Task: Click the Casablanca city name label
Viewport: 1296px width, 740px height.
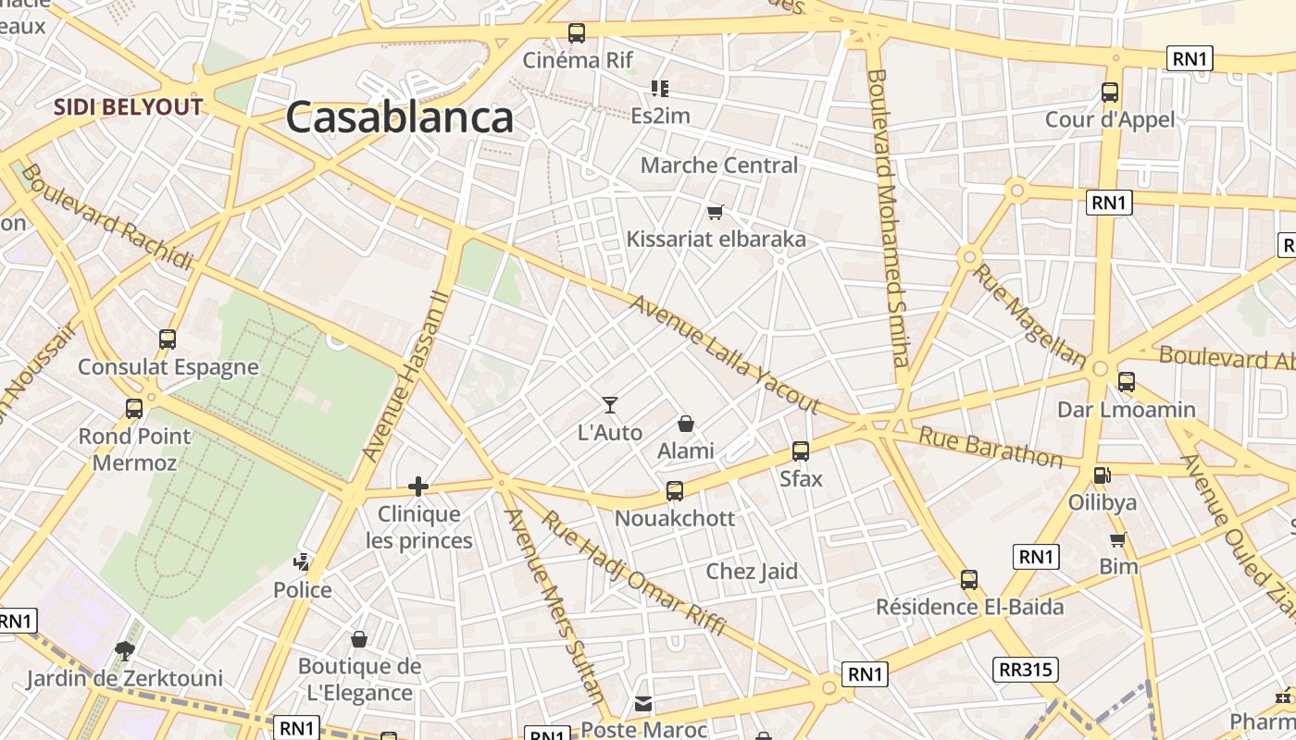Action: click(399, 118)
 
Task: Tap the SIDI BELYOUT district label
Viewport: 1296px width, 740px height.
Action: click(128, 106)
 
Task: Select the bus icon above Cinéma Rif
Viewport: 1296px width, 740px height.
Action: click(577, 33)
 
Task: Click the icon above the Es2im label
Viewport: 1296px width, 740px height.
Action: click(660, 89)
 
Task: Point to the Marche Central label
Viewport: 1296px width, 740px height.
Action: click(719, 166)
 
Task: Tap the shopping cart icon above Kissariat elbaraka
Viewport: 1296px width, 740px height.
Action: click(716, 213)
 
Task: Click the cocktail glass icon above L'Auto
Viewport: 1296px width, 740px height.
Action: click(609, 404)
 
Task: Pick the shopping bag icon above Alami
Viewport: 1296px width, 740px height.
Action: click(686, 424)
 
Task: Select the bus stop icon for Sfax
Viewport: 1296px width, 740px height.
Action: click(801, 451)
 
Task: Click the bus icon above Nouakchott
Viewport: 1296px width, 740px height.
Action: click(675, 491)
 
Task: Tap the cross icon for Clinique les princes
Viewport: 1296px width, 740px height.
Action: click(418, 486)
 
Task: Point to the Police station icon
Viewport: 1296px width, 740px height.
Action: click(302, 561)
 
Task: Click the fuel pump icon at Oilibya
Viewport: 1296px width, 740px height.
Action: click(1102, 475)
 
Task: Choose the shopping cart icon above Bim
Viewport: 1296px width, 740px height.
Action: click(1118, 539)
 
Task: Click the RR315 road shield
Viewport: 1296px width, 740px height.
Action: click(1028, 670)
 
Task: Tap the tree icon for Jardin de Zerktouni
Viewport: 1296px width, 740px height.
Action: click(124, 651)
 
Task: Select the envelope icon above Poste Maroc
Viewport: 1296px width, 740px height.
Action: click(643, 704)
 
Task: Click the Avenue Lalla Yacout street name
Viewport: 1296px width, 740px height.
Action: click(725, 354)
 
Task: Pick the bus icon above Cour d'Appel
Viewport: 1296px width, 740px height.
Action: click(1110, 92)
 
